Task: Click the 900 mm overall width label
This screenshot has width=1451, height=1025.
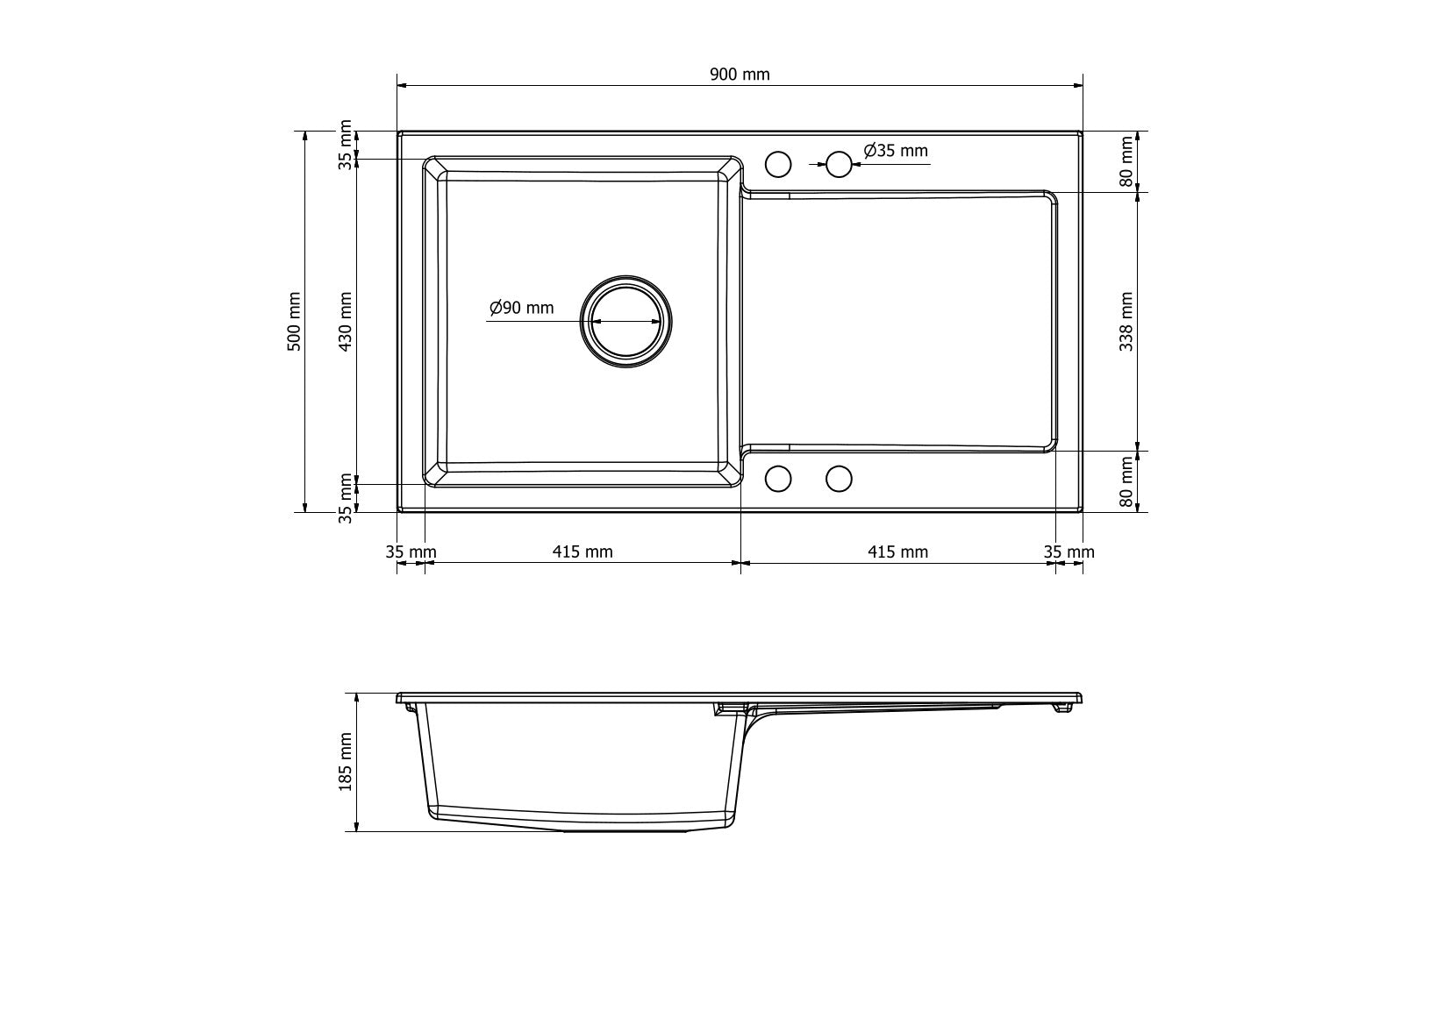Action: (739, 75)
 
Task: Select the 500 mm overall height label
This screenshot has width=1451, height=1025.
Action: (295, 322)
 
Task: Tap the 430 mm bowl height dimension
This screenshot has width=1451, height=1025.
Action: (346, 322)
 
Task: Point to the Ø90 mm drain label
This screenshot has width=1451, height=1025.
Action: (522, 308)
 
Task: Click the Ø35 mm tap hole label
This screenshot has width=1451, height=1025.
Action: (896, 151)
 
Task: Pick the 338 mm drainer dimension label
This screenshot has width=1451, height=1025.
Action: (1126, 322)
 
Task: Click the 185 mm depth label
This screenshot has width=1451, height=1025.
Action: (346, 762)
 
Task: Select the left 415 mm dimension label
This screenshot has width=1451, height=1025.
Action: (583, 552)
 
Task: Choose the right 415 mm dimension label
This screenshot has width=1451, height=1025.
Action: (897, 552)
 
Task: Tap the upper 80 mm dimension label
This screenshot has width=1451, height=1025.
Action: (1126, 161)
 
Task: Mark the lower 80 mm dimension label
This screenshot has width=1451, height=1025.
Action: (1126, 483)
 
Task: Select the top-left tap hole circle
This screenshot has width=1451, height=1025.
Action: (778, 164)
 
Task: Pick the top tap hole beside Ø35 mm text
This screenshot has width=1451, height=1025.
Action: (840, 164)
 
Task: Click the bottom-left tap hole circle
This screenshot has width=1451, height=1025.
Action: (778, 479)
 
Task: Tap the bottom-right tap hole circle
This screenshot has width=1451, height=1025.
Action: (840, 479)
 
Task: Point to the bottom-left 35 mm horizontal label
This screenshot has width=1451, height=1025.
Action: (411, 552)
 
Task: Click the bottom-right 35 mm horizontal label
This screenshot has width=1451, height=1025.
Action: (1069, 552)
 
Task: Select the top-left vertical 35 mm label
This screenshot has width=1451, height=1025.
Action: (346, 144)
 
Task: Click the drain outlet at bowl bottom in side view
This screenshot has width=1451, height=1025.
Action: (625, 829)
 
